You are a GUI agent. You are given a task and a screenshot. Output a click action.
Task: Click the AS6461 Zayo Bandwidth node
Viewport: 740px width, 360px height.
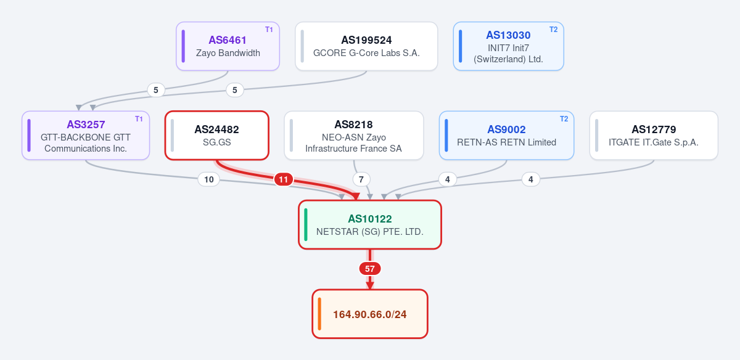(228, 46)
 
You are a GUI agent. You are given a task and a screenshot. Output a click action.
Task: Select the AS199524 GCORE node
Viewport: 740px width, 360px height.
(366, 46)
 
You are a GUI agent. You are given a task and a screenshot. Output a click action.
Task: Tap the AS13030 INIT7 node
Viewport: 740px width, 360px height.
(508, 46)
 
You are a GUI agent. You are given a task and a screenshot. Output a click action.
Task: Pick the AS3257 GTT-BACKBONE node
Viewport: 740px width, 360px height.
(86, 136)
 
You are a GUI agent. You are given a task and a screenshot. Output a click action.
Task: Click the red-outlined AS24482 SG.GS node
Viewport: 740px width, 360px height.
(216, 136)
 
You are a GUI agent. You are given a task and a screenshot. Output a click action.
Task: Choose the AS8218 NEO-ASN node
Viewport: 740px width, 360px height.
(354, 136)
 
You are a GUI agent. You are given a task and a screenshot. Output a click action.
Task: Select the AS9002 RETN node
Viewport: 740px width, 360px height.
(506, 136)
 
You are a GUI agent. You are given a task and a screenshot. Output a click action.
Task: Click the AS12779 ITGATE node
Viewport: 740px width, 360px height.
(654, 136)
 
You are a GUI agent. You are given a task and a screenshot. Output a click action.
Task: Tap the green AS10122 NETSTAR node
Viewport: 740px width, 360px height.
(370, 224)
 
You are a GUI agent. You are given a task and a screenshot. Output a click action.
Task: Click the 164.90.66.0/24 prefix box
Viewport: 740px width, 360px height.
(370, 314)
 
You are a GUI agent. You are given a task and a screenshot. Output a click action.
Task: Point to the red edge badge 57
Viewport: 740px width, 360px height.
(370, 269)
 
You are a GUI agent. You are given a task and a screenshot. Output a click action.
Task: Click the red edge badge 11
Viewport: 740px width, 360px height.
(284, 179)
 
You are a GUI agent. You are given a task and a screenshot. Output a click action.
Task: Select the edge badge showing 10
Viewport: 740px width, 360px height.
(209, 179)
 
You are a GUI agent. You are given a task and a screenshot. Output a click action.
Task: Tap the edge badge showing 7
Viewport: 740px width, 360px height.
(361, 179)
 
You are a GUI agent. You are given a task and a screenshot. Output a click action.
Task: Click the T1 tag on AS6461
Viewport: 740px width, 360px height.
(269, 30)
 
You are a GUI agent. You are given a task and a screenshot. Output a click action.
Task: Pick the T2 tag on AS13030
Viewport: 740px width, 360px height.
(553, 30)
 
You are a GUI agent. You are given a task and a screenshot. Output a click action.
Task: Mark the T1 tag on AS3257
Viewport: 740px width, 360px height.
(139, 119)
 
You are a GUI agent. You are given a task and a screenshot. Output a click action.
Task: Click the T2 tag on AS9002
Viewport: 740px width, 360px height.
(564, 119)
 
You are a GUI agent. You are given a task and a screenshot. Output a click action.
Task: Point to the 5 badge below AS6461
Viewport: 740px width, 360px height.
(156, 90)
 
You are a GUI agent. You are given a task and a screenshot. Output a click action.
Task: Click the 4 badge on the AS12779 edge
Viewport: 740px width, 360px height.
(531, 179)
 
